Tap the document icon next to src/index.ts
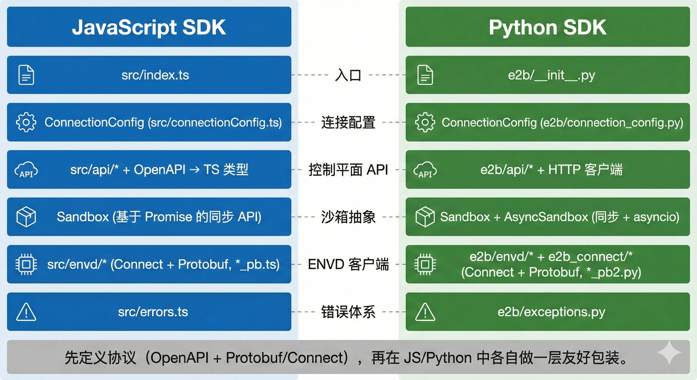coord(26,75)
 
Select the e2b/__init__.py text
coord(551,75)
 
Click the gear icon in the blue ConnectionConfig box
coord(26,122)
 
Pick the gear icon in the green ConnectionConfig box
coord(425,122)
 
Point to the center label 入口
coord(348,75)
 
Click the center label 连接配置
coord(348,122)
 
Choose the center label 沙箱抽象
coord(348,217)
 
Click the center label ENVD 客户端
coord(348,264)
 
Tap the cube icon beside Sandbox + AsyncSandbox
coord(425,217)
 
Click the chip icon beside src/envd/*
coord(26,264)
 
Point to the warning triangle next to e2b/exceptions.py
coord(425,312)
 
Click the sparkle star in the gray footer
coord(669,352)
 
